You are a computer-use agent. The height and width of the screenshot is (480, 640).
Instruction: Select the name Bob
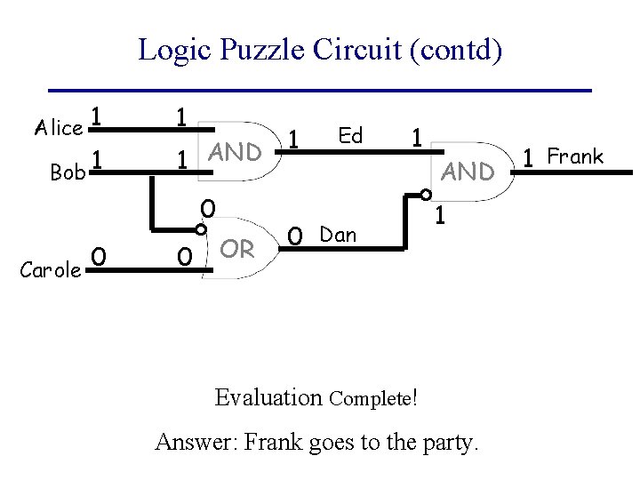[x=67, y=172]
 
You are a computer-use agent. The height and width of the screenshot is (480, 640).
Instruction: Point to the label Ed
[x=351, y=135]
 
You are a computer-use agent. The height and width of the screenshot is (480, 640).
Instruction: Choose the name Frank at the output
[x=575, y=157]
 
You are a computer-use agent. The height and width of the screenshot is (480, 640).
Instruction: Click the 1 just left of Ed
[x=295, y=139]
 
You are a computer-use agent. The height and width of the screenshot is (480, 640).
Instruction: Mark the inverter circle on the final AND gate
[x=426, y=195]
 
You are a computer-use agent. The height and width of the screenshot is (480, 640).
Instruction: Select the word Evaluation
[x=268, y=396]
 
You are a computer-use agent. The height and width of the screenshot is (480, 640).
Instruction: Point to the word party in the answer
[x=448, y=441]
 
